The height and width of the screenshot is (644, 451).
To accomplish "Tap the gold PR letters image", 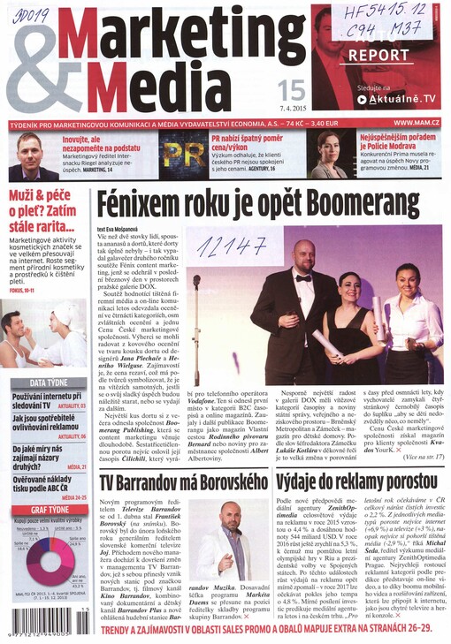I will [182, 155].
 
